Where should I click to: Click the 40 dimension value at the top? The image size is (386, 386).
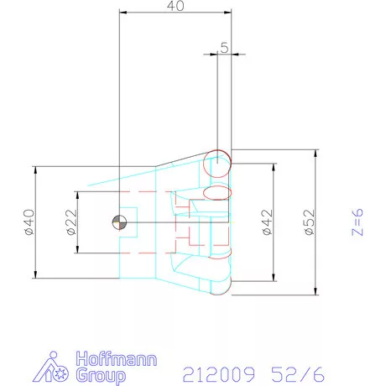coord(175,6)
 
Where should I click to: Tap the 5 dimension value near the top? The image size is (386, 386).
coord(224,49)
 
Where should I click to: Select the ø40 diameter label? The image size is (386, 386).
coord(28,222)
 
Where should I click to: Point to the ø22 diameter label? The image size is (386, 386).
coord(71,222)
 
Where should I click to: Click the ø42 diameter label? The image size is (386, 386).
coord(267,222)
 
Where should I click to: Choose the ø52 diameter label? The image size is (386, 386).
coord(310,222)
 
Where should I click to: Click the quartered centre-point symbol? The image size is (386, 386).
coord(118,222)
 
